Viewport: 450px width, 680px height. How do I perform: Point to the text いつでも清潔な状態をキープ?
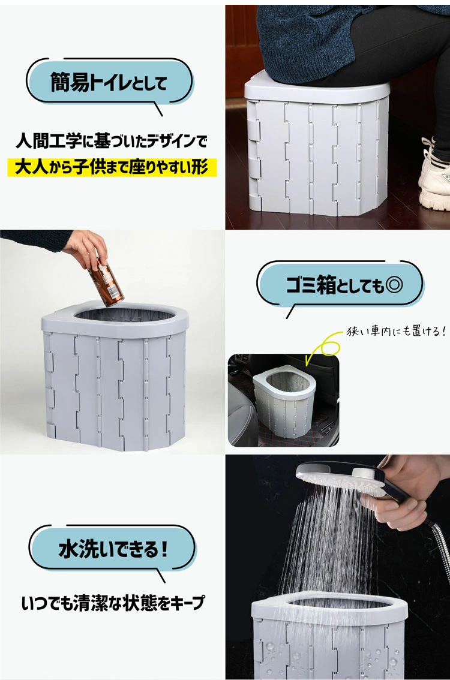pos(112,602)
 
